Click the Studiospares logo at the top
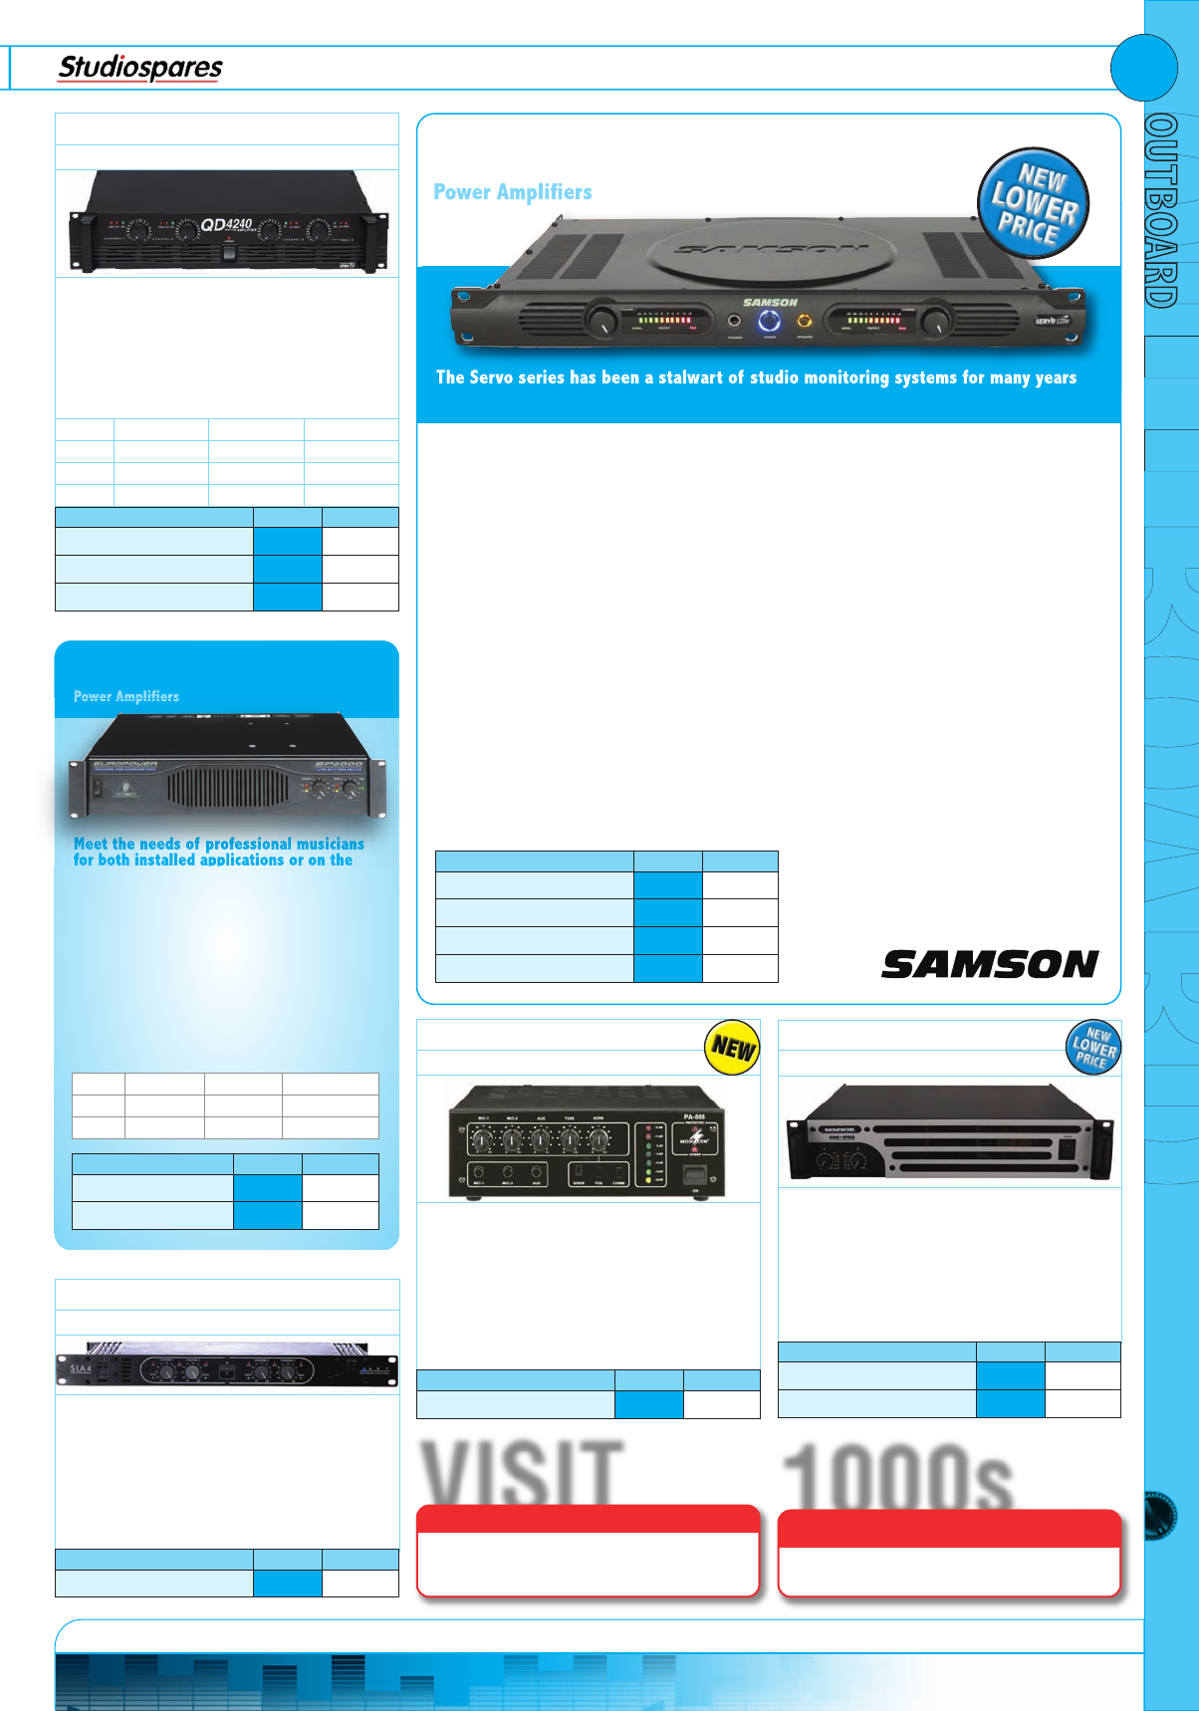click(140, 68)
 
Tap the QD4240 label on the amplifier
click(227, 224)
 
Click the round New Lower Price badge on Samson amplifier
click(1033, 203)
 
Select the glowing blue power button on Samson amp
click(769, 321)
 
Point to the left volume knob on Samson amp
click(601, 321)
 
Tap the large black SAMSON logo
click(990, 964)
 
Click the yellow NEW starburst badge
click(733, 1048)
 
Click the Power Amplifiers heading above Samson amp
click(513, 192)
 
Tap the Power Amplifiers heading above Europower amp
click(126, 696)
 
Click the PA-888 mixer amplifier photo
click(588, 1141)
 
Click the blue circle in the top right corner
click(1144, 68)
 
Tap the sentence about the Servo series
click(756, 377)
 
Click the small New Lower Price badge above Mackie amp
click(1093, 1048)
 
